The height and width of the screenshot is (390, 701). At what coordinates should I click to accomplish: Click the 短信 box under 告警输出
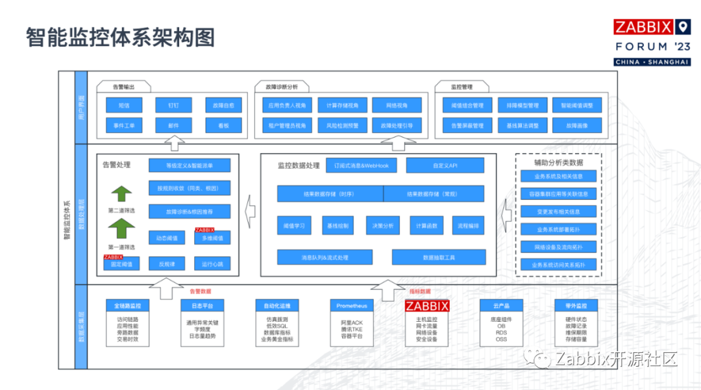[123, 105]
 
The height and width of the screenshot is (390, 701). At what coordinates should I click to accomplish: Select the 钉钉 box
[173, 105]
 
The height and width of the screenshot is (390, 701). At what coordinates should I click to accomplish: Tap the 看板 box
[223, 125]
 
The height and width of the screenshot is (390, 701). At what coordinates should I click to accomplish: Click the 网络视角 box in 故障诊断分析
[397, 105]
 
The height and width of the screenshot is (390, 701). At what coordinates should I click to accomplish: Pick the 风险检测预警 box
[342, 125]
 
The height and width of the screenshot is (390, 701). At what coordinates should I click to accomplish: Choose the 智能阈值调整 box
[577, 105]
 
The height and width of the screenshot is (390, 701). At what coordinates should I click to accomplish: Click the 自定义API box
[445, 165]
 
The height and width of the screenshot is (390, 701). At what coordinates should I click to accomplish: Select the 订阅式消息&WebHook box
[361, 165]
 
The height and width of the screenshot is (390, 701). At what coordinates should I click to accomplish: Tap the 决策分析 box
[382, 226]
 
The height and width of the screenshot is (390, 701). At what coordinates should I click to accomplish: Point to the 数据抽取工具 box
[439, 258]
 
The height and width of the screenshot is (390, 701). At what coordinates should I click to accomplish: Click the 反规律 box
[167, 263]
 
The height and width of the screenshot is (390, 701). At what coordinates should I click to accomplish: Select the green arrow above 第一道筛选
[121, 228]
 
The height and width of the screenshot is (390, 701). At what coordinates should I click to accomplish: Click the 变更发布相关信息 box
[558, 212]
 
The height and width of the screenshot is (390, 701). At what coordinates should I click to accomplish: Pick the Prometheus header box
[352, 306]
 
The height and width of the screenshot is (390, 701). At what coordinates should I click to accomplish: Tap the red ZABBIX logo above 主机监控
[427, 306]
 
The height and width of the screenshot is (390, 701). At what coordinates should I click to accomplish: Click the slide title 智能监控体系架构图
[120, 38]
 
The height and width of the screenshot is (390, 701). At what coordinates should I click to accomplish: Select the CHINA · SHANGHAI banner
[652, 62]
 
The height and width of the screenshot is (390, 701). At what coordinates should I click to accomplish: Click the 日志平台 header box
[202, 306]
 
